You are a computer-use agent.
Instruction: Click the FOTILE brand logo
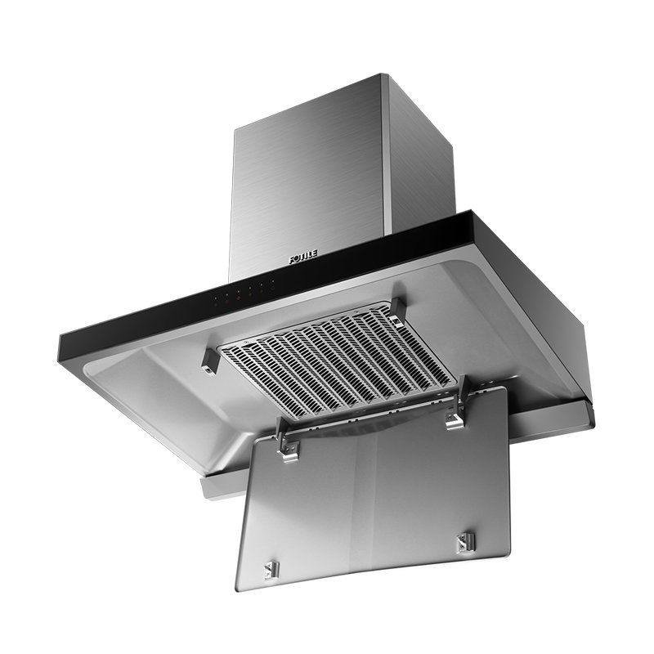coord(303,257)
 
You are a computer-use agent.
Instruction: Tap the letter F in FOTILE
coord(292,260)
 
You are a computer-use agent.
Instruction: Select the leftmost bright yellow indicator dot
coord(215,298)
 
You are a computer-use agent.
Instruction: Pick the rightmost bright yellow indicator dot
coord(273,281)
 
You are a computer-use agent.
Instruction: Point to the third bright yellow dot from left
coord(239,292)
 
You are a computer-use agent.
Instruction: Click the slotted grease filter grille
coord(337,360)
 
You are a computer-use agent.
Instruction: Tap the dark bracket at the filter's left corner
coord(210,361)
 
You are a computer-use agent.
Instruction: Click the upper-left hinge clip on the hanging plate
coord(289,441)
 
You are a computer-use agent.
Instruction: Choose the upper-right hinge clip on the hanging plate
coord(457,405)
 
